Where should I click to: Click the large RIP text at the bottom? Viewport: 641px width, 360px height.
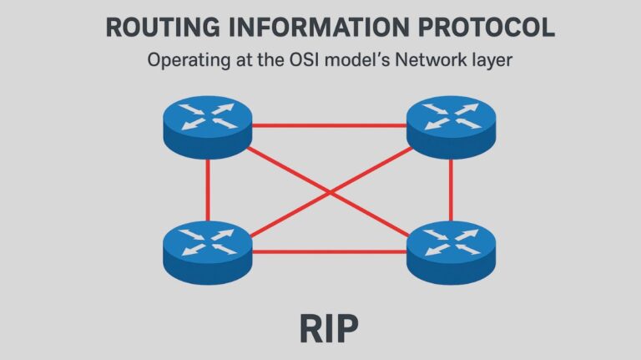click(x=329, y=328)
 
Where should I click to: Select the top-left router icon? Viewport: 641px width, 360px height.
click(x=207, y=126)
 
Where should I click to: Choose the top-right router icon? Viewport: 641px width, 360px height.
click(x=451, y=126)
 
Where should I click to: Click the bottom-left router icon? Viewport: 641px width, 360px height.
click(x=207, y=246)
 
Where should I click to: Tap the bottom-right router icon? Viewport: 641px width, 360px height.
click(x=451, y=248)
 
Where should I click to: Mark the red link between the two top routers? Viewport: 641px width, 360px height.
click(x=329, y=126)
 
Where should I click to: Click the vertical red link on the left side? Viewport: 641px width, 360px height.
click(x=207, y=189)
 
